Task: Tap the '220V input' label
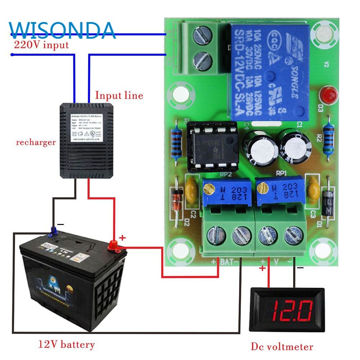point(41,45)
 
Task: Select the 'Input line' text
point(119,95)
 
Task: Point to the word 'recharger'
point(36,142)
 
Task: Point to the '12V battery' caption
point(66,345)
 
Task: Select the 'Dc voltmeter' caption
point(282,347)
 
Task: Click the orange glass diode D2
point(176,200)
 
